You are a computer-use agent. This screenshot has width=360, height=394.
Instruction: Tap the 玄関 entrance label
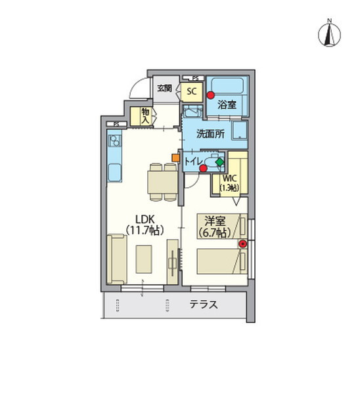(x=164, y=88)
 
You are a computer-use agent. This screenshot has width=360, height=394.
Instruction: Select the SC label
(x=191, y=91)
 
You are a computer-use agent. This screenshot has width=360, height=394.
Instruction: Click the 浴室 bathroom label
(x=228, y=103)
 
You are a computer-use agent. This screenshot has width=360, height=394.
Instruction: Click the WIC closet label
(x=230, y=182)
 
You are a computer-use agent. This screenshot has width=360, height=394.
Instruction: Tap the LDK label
(x=145, y=223)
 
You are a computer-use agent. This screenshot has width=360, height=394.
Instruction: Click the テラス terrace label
(x=204, y=305)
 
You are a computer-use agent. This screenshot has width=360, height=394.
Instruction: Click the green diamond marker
(x=219, y=161)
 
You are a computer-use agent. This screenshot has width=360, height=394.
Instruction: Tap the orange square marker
(x=175, y=157)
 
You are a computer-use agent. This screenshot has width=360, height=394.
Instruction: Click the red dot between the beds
(x=242, y=244)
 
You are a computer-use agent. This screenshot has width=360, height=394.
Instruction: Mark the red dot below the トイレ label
(x=203, y=169)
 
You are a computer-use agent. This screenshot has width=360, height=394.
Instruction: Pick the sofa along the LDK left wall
(x=118, y=259)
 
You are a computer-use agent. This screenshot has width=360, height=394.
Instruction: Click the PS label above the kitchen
(x=116, y=123)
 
